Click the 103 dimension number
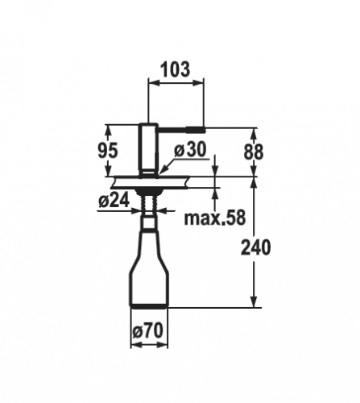coord(176,69)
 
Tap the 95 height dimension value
coord(107,151)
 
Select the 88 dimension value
coord(254,152)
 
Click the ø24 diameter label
coord(114,201)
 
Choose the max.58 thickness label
coord(215,218)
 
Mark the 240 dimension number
coord(255,247)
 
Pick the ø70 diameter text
coord(148,330)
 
